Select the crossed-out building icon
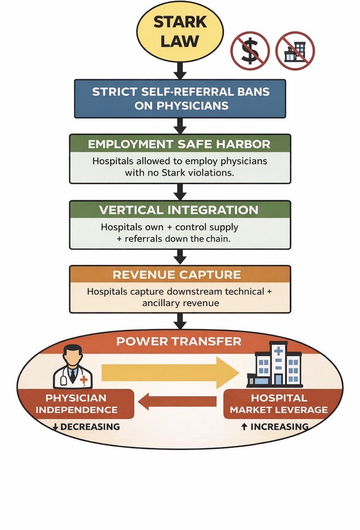point(295,51)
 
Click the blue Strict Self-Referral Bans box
point(180,99)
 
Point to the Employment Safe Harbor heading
point(180,145)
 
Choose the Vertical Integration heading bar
point(180,210)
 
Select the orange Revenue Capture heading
point(180,275)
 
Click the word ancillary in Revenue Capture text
point(161,303)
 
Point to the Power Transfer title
point(180,341)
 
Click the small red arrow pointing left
point(177,401)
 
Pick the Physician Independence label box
point(76,404)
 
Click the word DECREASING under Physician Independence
point(89,427)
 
